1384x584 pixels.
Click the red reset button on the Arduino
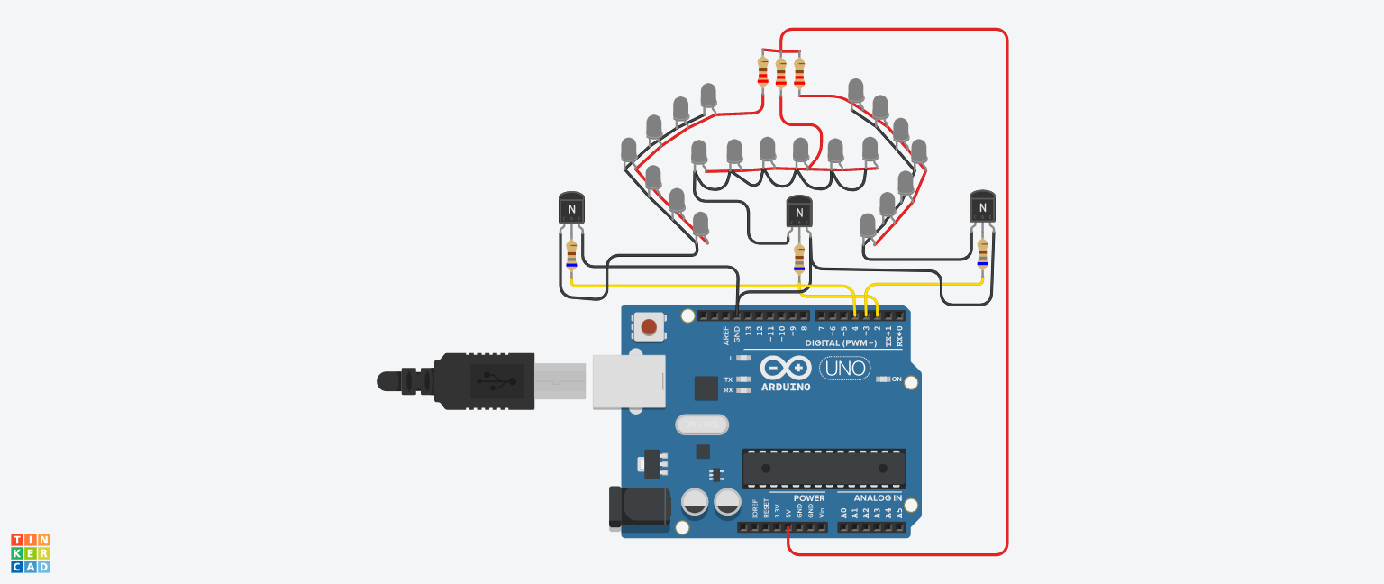tap(647, 324)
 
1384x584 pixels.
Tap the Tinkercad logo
tap(31, 552)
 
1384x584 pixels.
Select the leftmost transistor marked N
tap(571, 210)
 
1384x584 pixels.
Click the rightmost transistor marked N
tap(982, 208)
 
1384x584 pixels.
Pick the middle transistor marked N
tap(799, 213)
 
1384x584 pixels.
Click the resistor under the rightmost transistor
tap(982, 253)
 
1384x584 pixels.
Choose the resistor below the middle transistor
tap(799, 258)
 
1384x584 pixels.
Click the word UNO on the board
tap(844, 368)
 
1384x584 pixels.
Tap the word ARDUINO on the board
tap(785, 387)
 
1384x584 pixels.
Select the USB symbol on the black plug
tap(491, 380)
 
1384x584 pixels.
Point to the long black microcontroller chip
tap(824, 469)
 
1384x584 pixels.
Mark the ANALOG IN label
tap(878, 498)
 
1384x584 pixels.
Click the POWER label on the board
tap(809, 498)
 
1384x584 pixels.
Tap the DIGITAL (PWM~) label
tap(834, 343)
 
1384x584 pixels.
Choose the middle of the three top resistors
tap(781, 72)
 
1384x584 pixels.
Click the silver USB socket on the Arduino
tap(628, 381)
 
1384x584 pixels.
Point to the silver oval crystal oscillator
tap(701, 424)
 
